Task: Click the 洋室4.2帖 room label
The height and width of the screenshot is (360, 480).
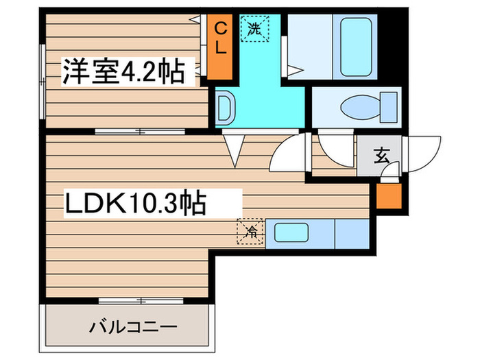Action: [x=124, y=71]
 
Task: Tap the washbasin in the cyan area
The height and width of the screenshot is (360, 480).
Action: [x=225, y=108]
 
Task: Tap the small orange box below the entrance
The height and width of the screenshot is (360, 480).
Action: [x=387, y=197]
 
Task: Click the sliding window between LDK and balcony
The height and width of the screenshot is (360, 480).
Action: [x=140, y=300]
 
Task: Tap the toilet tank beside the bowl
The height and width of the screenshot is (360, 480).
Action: [x=389, y=108]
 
